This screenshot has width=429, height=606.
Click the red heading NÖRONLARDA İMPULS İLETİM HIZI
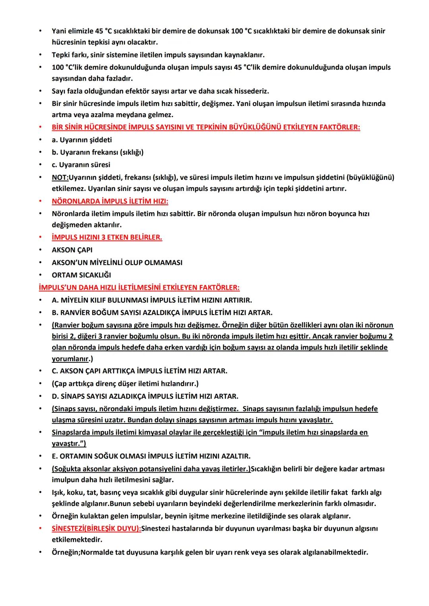point(110,201)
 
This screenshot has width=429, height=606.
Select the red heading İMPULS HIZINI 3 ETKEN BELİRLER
point(107,237)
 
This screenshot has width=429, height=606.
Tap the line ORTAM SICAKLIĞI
point(81,275)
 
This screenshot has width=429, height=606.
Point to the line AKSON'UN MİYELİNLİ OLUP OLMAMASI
point(117,262)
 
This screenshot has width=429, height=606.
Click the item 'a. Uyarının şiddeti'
point(82,140)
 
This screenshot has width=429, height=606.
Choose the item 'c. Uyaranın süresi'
point(81,164)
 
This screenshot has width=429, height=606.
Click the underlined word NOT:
point(60,177)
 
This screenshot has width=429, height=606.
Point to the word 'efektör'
point(134,91)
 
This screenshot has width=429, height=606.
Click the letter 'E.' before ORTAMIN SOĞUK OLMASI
point(55,456)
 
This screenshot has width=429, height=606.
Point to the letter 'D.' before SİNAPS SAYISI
point(56,396)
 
